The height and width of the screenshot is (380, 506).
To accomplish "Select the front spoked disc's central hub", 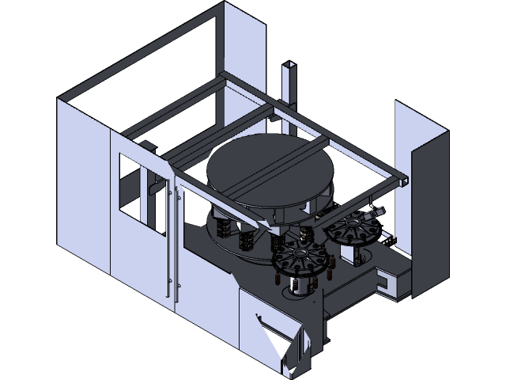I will coord(299,259).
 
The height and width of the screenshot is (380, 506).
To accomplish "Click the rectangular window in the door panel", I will coord(132,184).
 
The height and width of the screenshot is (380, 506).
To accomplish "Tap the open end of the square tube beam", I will coord(404,180).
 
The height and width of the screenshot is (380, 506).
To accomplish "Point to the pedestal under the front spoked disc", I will coord(300,286).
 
